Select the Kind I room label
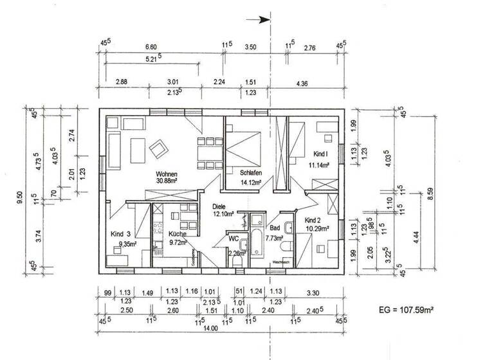pos(320,154)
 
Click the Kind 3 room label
pos(120,234)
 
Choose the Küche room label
pos(178,234)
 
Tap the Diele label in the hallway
pos(221,206)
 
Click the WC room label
pos(233,239)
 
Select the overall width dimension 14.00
pos(221,328)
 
